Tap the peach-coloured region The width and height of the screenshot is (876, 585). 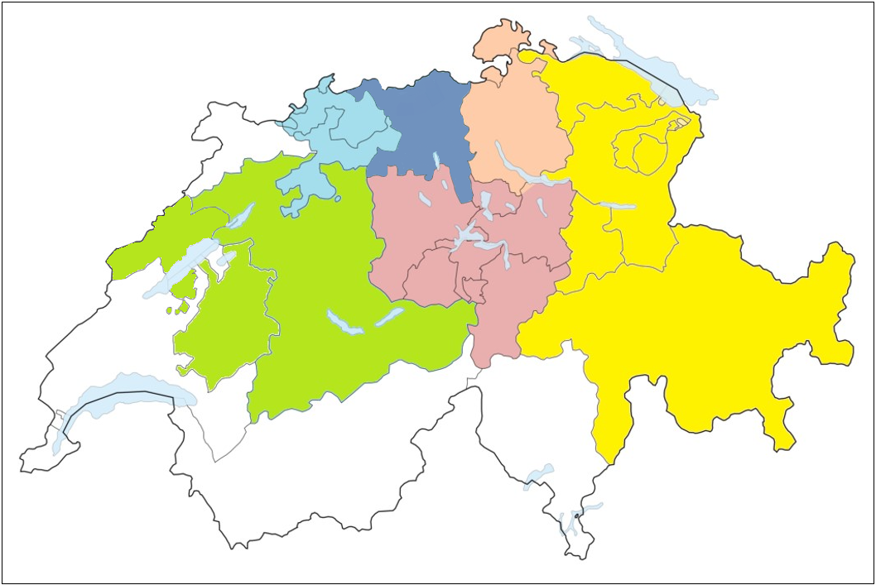pos(513,124)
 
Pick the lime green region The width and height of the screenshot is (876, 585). pos(331,265)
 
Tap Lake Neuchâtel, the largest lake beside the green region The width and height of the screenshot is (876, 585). pos(178,269)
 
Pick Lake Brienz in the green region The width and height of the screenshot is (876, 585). pos(388,316)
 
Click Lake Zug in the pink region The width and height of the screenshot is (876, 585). pos(487,201)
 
